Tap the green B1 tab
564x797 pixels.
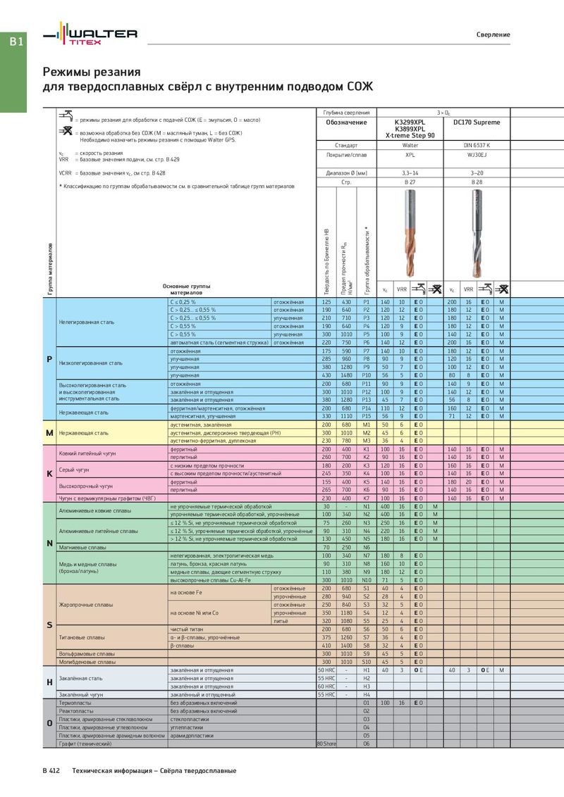[16, 43]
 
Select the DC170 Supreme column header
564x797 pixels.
[477, 123]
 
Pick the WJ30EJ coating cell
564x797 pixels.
[477, 154]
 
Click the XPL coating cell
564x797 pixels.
[410, 154]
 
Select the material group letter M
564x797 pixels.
[49, 432]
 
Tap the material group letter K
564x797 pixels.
[49, 473]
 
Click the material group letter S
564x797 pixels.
[49, 625]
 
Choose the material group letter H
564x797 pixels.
[49, 682]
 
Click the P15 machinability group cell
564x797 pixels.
[366, 416]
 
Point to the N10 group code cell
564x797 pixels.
[366, 580]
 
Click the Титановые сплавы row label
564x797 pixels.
[82, 637]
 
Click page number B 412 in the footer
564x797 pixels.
[51, 771]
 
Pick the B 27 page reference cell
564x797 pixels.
[410, 182]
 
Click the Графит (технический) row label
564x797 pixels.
[86, 743]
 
